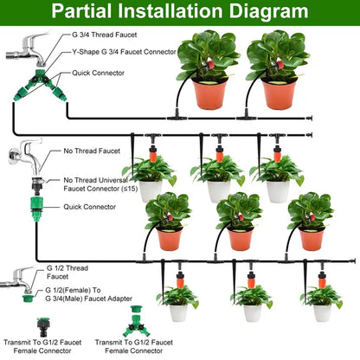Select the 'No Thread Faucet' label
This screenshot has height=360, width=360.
pos(92,150)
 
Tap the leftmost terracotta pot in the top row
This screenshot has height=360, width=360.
pos(209,94)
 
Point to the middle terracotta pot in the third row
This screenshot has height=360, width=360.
pos(240,239)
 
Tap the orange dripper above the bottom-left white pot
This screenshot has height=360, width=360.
pos(178,280)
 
